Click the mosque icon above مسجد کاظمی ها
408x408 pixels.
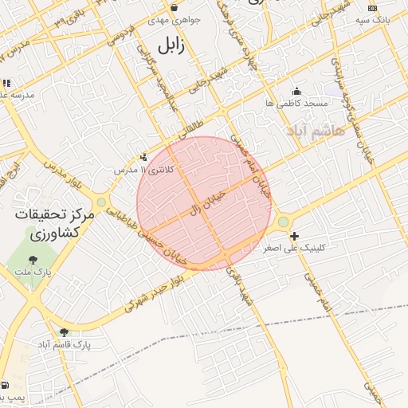297,91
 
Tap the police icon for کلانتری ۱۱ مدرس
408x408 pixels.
143,158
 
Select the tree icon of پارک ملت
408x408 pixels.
33,260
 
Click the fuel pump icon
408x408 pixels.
6,384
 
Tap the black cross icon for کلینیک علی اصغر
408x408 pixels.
295,236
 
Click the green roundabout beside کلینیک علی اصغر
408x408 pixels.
284,222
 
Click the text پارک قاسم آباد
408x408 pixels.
64,345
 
